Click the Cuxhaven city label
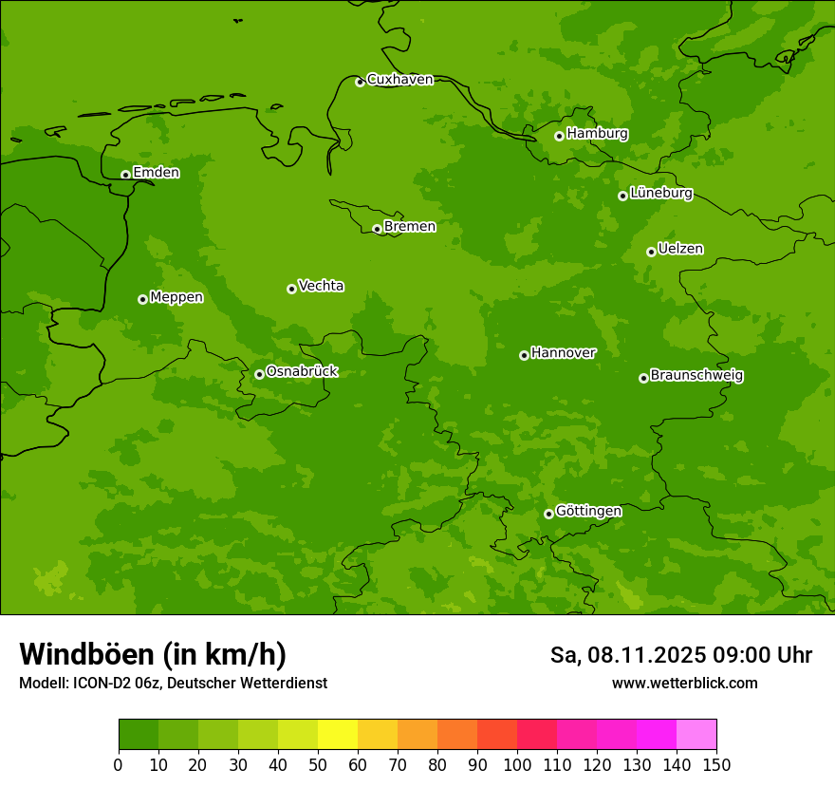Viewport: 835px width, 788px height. click(x=399, y=80)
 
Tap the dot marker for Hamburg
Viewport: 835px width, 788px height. click(x=559, y=136)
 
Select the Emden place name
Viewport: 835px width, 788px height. click(x=156, y=173)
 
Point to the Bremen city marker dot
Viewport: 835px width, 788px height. click(x=377, y=229)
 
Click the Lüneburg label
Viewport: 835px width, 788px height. click(x=660, y=193)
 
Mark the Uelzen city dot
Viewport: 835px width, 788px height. click(x=651, y=252)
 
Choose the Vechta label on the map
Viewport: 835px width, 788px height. click(x=321, y=286)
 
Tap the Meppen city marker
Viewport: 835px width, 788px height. click(x=142, y=299)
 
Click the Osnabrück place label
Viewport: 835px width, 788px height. click(x=302, y=371)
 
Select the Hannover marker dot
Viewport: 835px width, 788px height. click(x=524, y=355)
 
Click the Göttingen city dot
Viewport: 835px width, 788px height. click(x=548, y=514)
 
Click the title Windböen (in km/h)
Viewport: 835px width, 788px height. click(x=153, y=654)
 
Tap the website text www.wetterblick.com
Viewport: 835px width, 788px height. click(x=684, y=683)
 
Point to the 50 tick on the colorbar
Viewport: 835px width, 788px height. click(x=318, y=764)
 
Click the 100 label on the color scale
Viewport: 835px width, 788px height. click(x=517, y=764)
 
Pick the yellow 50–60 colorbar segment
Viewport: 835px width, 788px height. click(x=338, y=735)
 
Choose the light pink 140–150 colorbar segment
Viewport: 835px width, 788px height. click(x=696, y=735)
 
